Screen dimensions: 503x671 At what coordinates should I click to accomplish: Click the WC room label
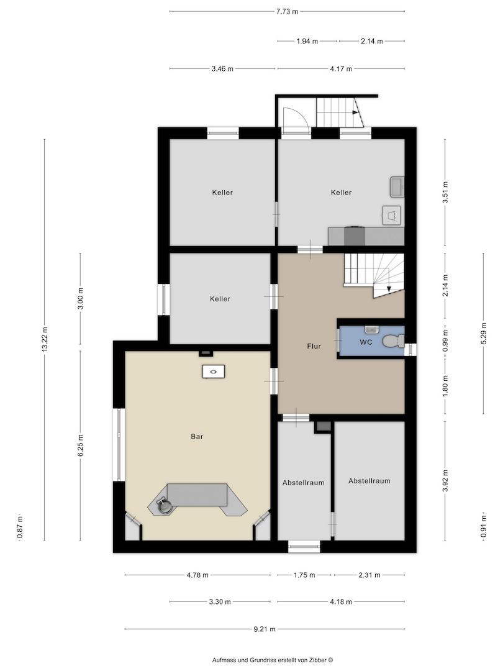point(366,342)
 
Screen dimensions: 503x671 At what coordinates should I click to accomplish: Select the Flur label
point(314,346)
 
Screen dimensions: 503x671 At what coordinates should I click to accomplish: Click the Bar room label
point(197,437)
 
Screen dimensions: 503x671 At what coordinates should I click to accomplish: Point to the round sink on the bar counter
point(165,506)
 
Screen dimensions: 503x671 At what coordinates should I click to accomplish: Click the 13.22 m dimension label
point(45,340)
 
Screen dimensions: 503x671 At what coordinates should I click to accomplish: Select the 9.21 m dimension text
point(265,629)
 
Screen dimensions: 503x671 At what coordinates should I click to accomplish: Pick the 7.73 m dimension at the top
point(287,12)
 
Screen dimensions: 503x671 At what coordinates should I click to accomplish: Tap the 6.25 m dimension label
point(80,445)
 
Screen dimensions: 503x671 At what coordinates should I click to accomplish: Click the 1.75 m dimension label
point(304,575)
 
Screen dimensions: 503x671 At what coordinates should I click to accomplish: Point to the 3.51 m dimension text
point(445,192)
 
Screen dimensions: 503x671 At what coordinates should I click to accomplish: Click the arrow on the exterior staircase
point(356,112)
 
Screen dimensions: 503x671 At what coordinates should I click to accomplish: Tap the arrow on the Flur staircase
point(388,289)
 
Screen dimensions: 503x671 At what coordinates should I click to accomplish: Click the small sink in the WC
point(371,329)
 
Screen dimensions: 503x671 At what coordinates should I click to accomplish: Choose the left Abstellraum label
point(303,483)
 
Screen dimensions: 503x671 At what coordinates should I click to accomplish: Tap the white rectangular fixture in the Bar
point(214,371)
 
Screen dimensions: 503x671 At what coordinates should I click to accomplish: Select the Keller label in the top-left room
point(222,193)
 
